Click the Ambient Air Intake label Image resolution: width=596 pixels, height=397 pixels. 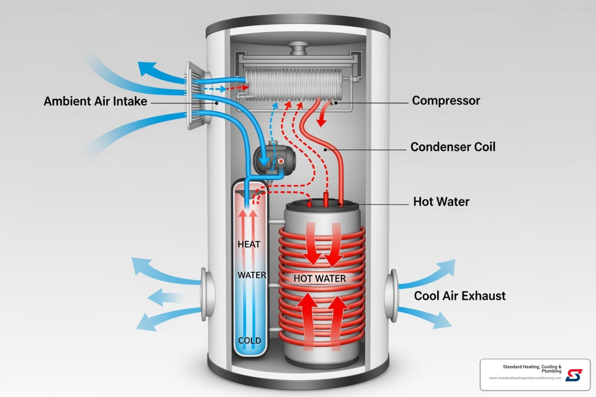95,101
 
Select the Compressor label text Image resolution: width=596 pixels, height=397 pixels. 446,100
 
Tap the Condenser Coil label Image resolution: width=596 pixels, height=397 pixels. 453,147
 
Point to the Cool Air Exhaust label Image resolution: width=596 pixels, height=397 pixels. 460,296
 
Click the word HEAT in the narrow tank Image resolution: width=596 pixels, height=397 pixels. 249,244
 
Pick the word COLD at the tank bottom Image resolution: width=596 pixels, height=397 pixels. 249,340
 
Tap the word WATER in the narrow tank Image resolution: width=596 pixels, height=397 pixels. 252,275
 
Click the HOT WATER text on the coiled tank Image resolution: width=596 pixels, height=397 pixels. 319,278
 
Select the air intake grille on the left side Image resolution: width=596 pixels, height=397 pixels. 196,95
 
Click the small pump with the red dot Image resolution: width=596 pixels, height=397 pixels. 275,159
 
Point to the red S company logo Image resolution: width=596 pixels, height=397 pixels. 574,375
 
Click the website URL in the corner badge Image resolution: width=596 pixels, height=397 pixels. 525,378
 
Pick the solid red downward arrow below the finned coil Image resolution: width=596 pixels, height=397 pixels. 321,118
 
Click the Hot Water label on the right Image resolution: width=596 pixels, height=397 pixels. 441,202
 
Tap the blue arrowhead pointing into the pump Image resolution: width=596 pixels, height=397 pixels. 265,160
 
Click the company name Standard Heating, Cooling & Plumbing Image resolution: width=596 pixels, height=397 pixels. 532,369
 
